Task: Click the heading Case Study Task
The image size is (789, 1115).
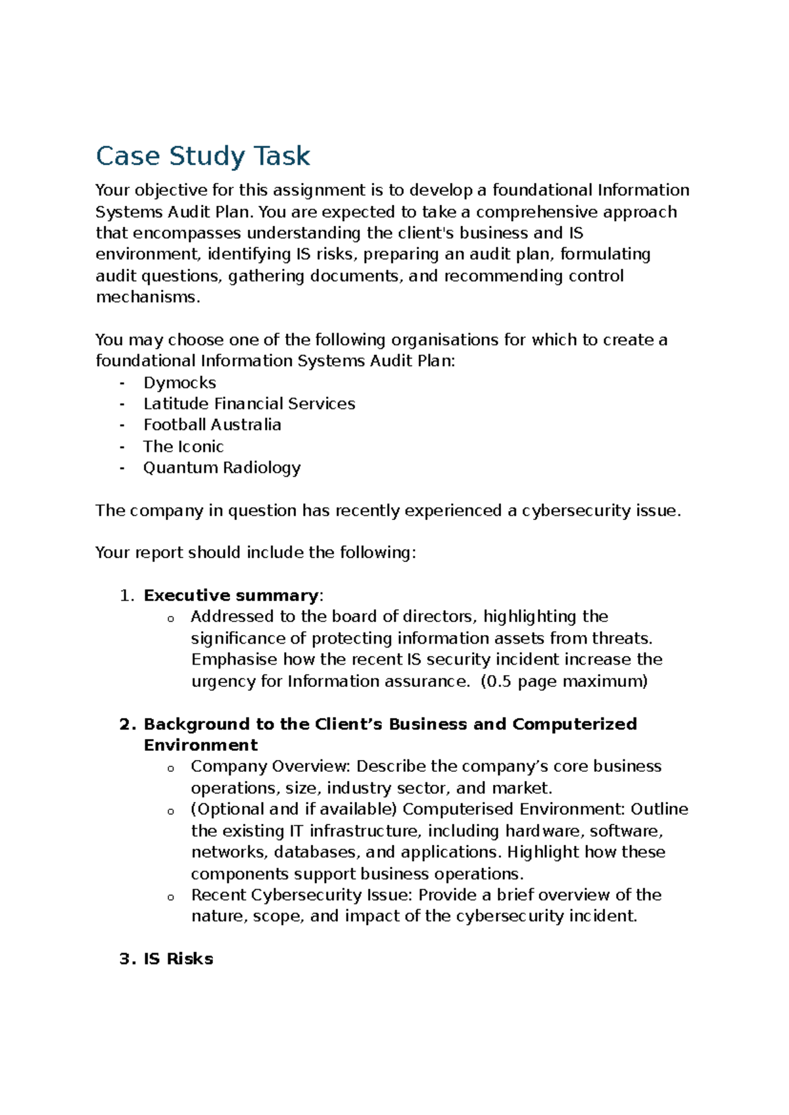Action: pyautogui.click(x=203, y=156)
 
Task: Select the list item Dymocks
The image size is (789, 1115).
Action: pyautogui.click(x=179, y=383)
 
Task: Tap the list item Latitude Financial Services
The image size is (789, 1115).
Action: pyautogui.click(x=249, y=404)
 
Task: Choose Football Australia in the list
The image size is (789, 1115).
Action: pyautogui.click(x=212, y=425)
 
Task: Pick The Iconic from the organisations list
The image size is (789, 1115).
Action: pyautogui.click(x=183, y=446)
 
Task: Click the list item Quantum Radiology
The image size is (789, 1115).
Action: pyautogui.click(x=222, y=467)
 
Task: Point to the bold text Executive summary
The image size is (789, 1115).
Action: pyautogui.click(x=231, y=596)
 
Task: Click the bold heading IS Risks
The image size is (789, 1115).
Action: pyautogui.click(x=178, y=959)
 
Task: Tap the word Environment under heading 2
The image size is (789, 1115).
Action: pyautogui.click(x=201, y=746)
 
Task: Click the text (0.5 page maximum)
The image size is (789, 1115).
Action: pyautogui.click(x=564, y=681)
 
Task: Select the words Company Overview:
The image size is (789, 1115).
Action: pyautogui.click(x=271, y=767)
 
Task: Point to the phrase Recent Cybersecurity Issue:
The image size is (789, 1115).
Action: pyautogui.click(x=302, y=895)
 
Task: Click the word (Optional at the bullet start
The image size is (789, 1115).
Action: pyautogui.click(x=227, y=809)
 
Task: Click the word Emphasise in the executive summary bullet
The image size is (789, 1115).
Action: pyautogui.click(x=234, y=659)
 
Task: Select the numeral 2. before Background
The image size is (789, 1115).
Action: pyautogui.click(x=128, y=724)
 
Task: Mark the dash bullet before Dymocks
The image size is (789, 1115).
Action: pyautogui.click(x=122, y=383)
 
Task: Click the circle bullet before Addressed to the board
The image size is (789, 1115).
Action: pyautogui.click(x=170, y=619)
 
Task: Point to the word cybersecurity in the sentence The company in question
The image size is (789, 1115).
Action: pyautogui.click(x=576, y=511)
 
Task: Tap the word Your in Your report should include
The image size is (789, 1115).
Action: pyautogui.click(x=112, y=553)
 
